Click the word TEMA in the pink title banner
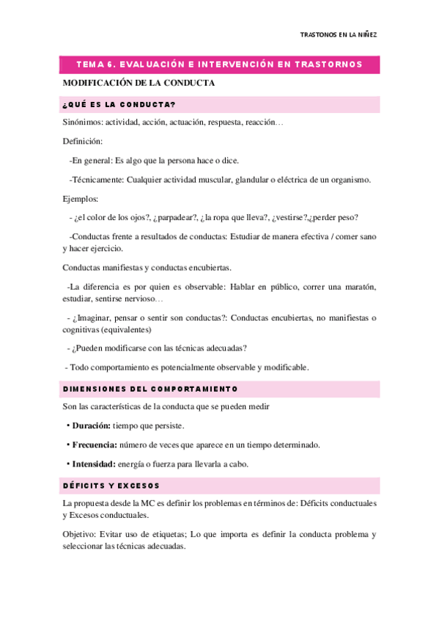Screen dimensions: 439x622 (91, 65)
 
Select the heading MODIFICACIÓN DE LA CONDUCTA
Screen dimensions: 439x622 (139, 83)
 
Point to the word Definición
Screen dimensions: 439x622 (82, 141)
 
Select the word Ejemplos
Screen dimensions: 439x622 (81, 198)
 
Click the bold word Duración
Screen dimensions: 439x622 (92, 425)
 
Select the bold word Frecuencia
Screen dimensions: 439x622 (95, 444)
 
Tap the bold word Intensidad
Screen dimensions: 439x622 (93, 464)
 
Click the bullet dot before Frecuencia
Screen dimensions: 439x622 (67, 444)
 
